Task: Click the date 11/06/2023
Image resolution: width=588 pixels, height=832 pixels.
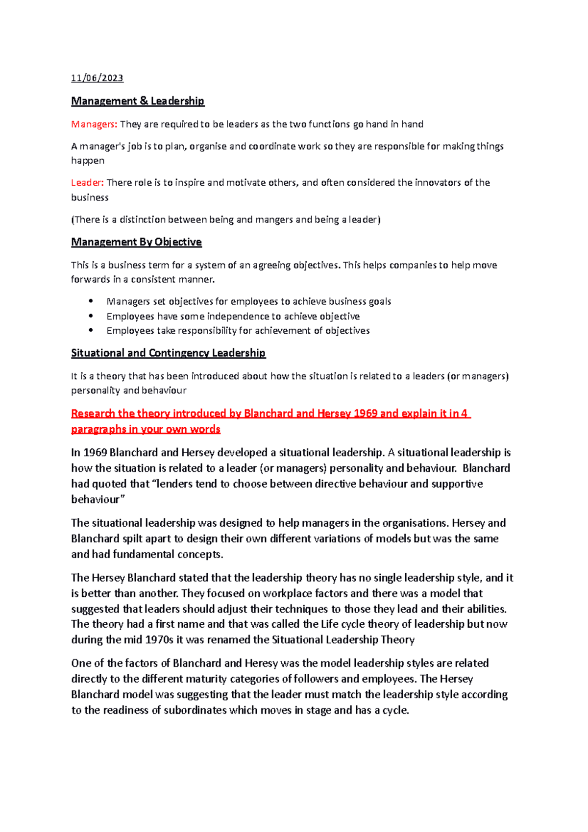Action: pos(97,78)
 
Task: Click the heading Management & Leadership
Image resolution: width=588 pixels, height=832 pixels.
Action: pos(138,101)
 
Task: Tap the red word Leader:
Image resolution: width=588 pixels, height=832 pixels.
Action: pos(87,183)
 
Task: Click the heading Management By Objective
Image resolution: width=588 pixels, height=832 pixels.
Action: pos(136,242)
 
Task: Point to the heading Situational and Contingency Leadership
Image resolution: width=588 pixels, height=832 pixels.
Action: pos(168,353)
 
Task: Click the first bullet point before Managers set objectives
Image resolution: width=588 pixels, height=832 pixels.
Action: pos(91,301)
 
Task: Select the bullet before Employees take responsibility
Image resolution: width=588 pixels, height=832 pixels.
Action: pos(91,330)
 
